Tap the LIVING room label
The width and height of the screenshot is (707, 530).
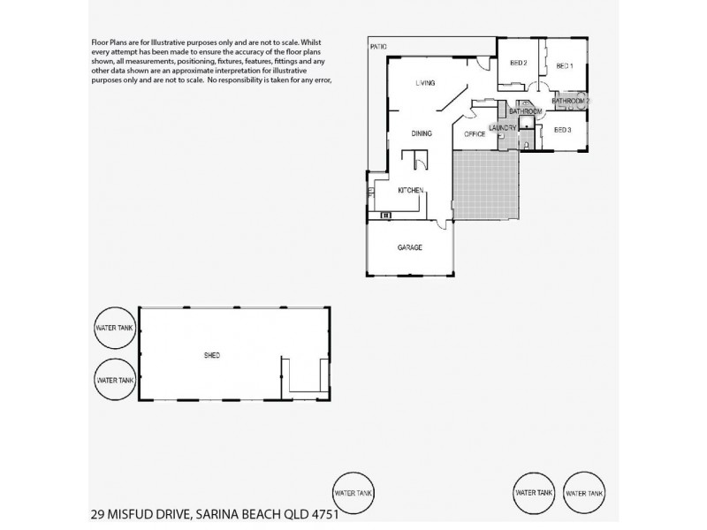tap(426, 83)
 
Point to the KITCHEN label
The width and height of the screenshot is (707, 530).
tap(411, 191)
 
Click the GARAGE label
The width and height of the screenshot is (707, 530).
tap(410, 248)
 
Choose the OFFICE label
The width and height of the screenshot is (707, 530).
tap(475, 134)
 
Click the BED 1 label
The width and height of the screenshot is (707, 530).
tap(564, 66)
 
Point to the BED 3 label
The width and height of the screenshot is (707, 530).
tap(563, 130)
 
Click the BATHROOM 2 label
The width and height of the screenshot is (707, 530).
tap(570, 102)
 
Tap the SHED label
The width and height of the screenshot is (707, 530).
tap(211, 355)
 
